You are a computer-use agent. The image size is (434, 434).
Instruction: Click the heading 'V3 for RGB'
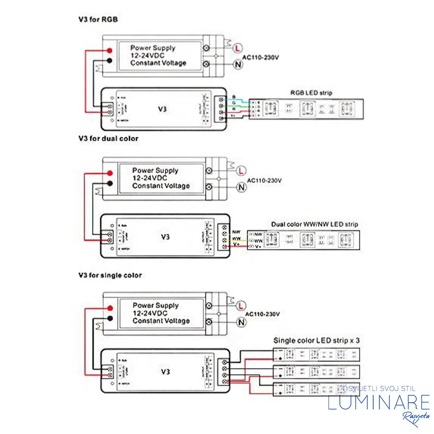pos(98,20)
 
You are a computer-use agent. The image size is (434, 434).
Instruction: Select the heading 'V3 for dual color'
pos(108,138)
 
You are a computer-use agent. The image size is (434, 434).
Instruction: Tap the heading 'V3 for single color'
pos(110,275)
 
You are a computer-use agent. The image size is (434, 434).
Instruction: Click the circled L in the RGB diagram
pos(237,48)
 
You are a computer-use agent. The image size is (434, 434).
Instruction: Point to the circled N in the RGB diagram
pos(237,64)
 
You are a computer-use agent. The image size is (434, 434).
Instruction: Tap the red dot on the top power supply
pos(111,51)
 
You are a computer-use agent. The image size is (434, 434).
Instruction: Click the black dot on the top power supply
pos(110,61)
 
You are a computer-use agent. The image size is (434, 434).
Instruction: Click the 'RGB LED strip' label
pos(311,93)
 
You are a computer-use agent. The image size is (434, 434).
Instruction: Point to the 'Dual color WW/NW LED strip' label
pos(315,224)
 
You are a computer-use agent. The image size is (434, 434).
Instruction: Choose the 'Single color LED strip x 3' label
pos(316,341)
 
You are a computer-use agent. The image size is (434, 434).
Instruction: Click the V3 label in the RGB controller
pos(162,109)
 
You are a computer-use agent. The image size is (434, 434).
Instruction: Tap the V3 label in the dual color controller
pos(165,237)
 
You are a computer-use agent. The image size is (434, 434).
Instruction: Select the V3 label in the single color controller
pos(165,372)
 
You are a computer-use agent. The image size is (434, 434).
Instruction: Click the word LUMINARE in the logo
pos(378,402)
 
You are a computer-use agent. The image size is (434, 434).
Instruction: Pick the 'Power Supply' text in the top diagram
pos(153,48)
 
